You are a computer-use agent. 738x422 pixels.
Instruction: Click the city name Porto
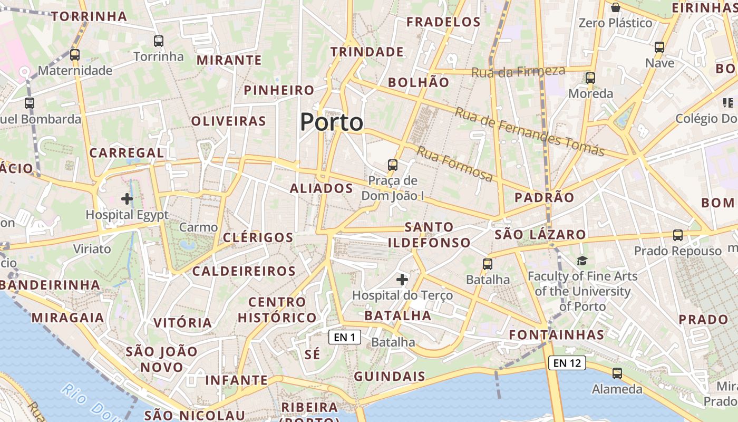point(332,122)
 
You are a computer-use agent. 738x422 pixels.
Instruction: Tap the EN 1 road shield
point(345,337)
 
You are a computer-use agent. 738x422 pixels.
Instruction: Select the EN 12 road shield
point(567,363)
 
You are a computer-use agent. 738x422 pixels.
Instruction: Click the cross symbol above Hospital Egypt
point(127,199)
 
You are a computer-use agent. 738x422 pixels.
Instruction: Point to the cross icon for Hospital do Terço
point(402,279)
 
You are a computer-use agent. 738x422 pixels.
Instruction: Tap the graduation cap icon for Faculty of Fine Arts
point(582,261)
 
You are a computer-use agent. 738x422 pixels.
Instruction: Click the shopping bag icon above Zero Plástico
point(615,7)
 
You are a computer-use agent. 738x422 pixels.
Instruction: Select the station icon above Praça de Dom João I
point(393,165)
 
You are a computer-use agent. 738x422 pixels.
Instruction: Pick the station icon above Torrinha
point(159,41)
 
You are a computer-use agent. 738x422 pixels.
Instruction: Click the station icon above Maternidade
point(75,54)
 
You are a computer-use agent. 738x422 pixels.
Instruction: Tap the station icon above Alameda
point(617,373)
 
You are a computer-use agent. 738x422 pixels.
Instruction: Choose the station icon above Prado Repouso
point(678,235)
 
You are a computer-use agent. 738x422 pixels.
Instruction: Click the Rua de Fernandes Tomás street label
point(529,132)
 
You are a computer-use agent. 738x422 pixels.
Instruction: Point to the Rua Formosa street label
point(455,164)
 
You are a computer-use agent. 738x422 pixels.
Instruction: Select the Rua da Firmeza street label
point(518,71)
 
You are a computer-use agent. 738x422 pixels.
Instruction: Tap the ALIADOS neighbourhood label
point(322,188)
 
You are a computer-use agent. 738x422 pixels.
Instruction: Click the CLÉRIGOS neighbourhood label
point(258,237)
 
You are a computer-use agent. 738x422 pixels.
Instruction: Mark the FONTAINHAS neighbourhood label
point(557,335)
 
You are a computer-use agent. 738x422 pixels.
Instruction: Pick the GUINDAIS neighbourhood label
point(390,376)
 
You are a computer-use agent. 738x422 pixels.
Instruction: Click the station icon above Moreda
point(590,78)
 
